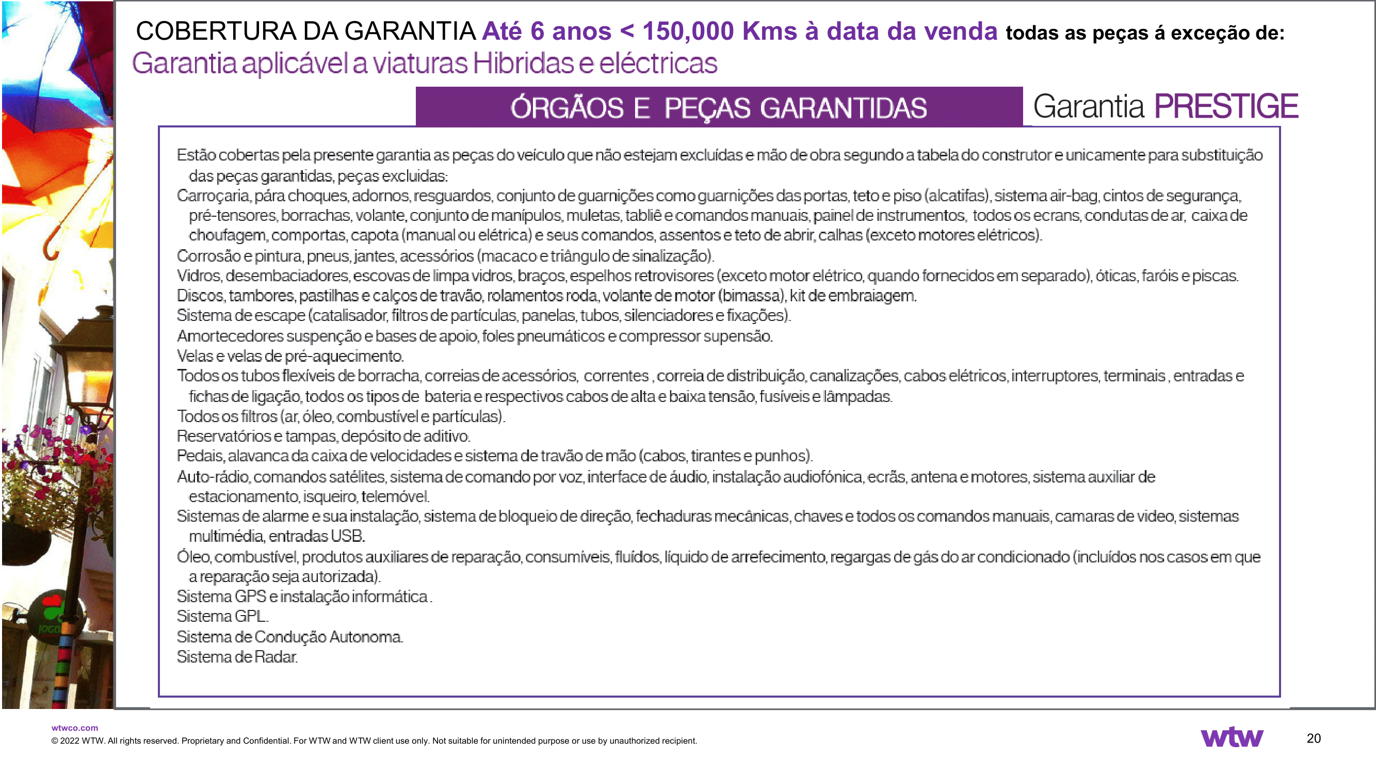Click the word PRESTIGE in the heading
[1226, 106]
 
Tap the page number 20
[1314, 738]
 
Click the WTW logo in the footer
[1232, 737]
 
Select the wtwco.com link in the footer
[75, 728]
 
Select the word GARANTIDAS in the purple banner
[844, 108]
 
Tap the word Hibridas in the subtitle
[523, 63]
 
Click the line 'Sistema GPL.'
[222, 617]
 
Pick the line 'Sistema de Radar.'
[237, 657]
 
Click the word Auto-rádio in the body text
[213, 476]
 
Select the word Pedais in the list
[200, 456]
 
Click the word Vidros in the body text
[198, 276]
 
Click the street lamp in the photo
[86, 363]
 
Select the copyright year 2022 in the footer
[70, 741]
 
